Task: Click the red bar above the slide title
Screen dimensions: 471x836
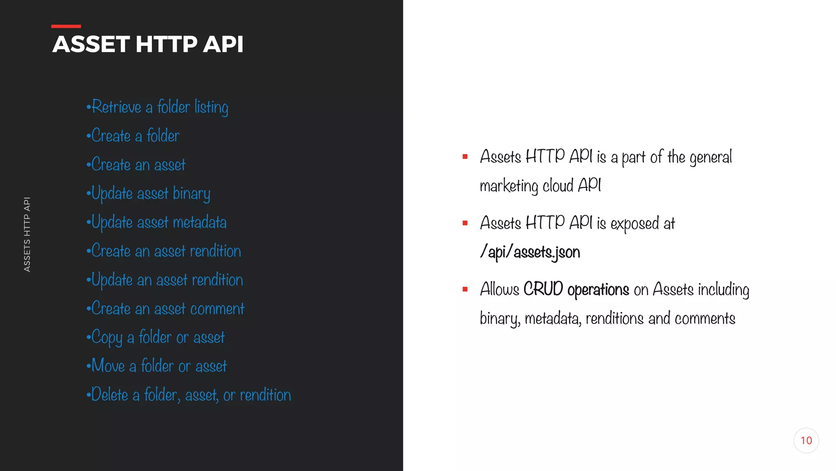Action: pos(66,26)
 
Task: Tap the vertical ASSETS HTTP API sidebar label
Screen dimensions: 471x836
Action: pos(27,234)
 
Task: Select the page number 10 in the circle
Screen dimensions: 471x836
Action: pos(806,440)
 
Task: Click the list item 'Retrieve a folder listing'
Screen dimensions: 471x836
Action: pos(158,107)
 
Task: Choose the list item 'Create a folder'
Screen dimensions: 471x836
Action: pos(133,136)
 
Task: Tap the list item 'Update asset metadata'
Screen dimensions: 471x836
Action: pos(157,222)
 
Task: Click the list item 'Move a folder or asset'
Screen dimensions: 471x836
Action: pos(157,366)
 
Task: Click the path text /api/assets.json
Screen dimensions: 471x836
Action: pos(530,252)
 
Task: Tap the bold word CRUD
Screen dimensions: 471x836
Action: pos(543,289)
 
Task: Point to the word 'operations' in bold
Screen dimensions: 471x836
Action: pos(598,290)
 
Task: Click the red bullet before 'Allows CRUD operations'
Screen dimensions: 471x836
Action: pos(465,289)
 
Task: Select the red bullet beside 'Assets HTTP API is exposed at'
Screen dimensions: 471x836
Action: pos(465,223)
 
